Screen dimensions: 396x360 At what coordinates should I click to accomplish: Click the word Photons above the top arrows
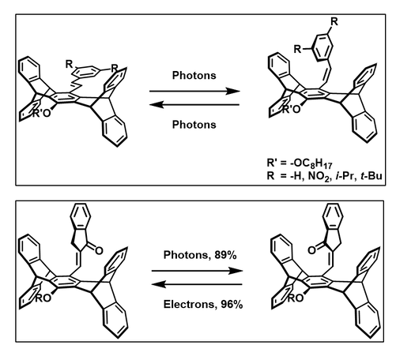[x=194, y=76]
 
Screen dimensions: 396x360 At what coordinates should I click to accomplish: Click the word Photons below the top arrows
[x=194, y=125]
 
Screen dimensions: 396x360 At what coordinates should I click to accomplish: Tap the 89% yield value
[x=225, y=255]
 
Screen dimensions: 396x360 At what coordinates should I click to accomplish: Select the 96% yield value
[x=232, y=304]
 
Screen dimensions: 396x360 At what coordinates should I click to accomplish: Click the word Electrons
[x=190, y=304]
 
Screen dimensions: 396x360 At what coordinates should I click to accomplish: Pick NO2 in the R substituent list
[x=319, y=176]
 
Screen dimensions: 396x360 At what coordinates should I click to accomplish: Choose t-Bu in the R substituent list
[x=371, y=175]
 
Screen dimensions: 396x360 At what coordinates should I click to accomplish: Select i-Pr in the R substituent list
[x=345, y=175]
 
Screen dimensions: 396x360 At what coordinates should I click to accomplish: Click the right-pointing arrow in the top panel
[x=194, y=92]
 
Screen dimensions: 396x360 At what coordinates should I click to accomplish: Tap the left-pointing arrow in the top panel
[x=194, y=105]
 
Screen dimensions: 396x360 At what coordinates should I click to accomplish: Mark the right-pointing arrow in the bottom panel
[x=197, y=271]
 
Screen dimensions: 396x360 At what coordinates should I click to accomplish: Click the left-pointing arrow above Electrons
[x=197, y=284]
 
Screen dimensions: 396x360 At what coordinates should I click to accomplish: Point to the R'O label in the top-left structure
[x=41, y=113]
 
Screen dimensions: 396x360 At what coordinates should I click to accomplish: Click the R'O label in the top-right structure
[x=291, y=109]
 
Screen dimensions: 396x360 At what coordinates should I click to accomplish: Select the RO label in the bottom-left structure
[x=43, y=298]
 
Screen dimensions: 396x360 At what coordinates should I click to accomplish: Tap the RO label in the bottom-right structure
[x=296, y=298]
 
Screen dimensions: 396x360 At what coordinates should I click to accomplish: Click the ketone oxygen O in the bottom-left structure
[x=99, y=250]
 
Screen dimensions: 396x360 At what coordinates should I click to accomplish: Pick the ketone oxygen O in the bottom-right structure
[x=311, y=250]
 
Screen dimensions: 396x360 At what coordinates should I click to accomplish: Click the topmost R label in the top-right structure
[x=334, y=21]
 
